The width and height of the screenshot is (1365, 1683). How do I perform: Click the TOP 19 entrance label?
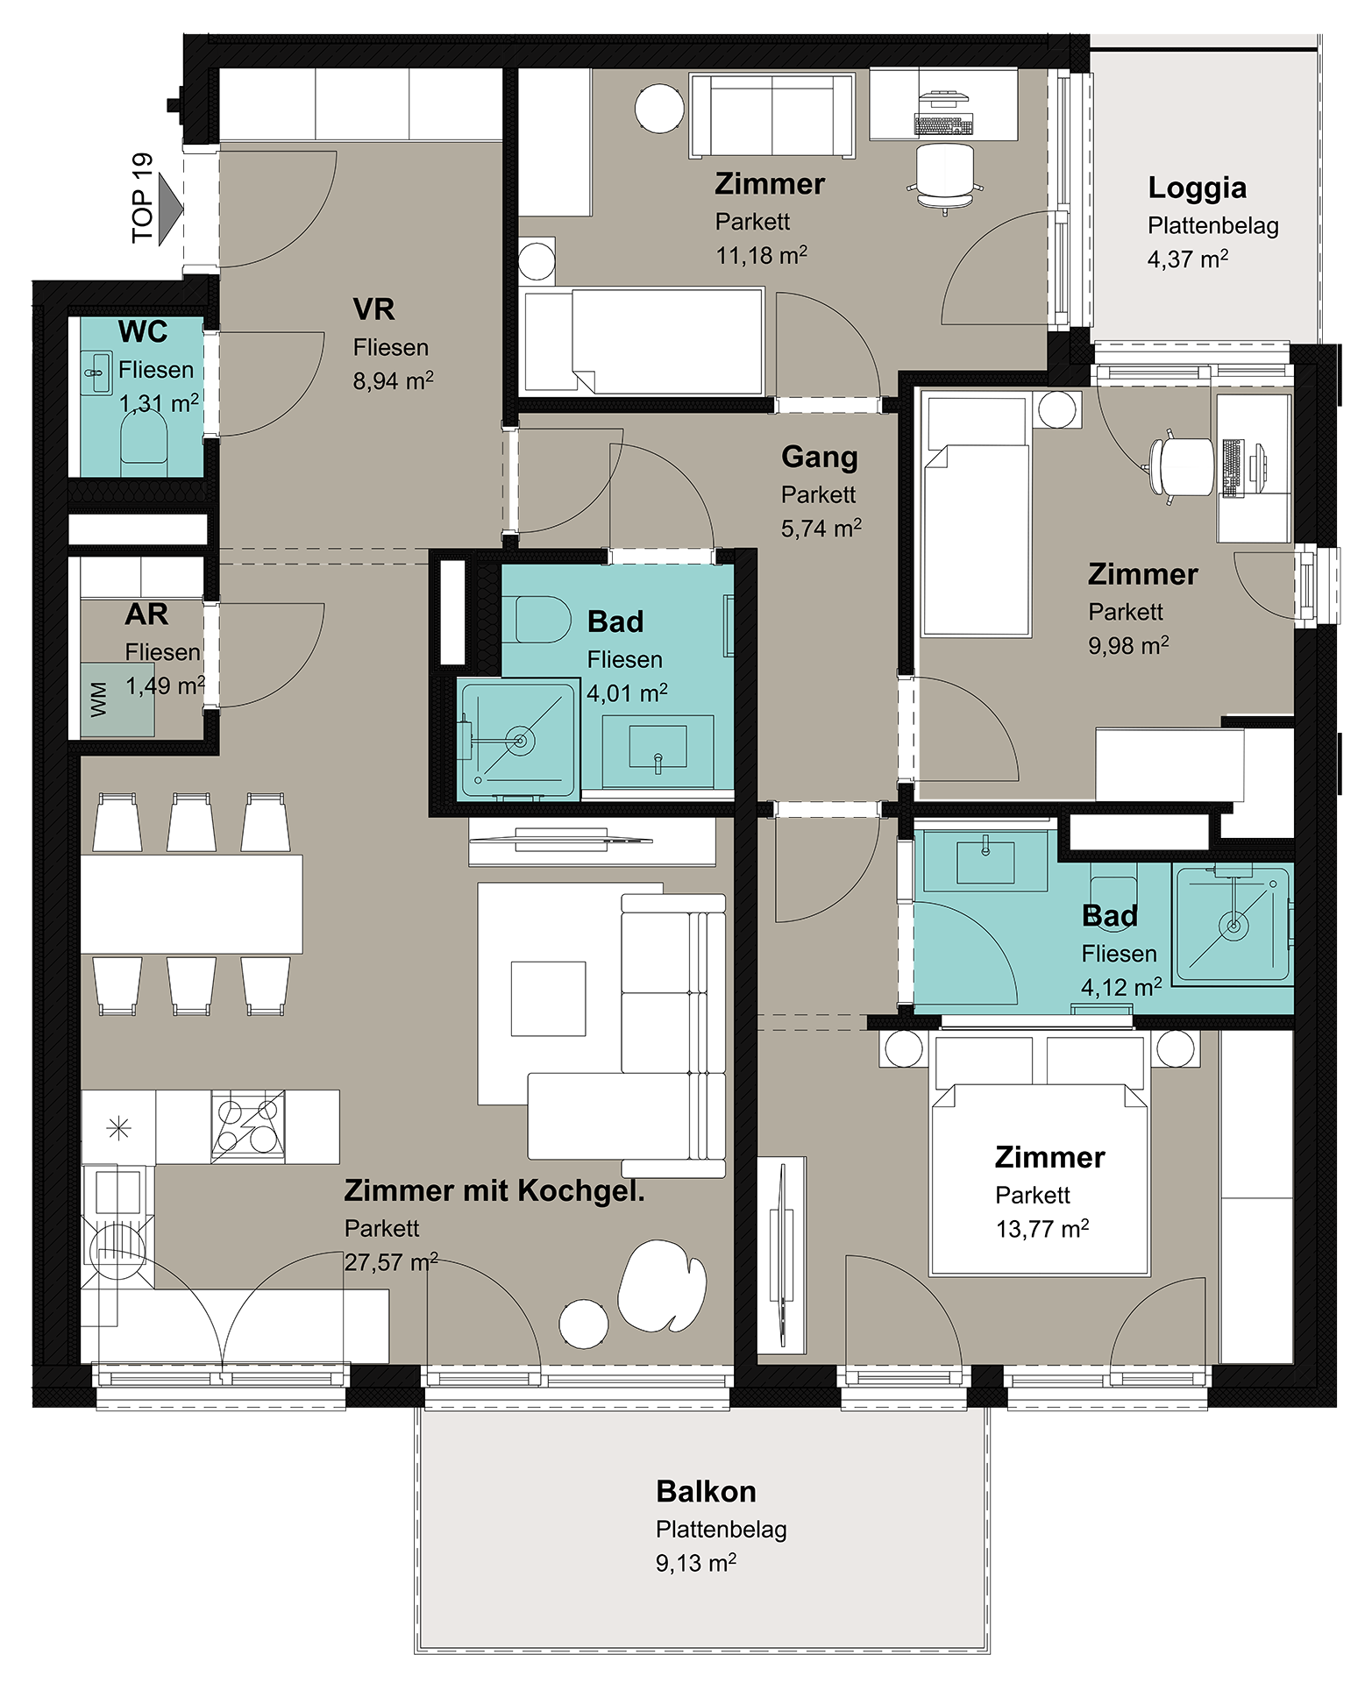pyautogui.click(x=142, y=198)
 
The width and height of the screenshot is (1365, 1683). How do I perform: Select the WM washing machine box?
pyautogui.click(x=117, y=699)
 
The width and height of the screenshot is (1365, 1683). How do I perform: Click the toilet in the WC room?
pyautogui.click(x=144, y=436)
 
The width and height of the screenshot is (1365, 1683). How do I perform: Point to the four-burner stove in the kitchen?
pyautogui.click(x=248, y=1126)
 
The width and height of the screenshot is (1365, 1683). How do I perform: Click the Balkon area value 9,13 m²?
pyautogui.click(x=696, y=1563)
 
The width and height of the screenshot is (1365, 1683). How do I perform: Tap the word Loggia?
pyautogui.click(x=1197, y=188)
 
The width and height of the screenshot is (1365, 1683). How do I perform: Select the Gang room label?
pyautogui.click(x=820, y=458)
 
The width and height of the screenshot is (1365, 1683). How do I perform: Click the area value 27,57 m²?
pyautogui.click(x=391, y=1262)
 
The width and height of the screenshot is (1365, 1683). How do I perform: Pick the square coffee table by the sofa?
pyautogui.click(x=548, y=998)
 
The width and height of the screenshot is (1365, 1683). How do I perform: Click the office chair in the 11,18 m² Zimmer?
pyautogui.click(x=944, y=177)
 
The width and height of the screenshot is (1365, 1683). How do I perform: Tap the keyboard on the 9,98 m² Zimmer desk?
pyautogui.click(x=1232, y=467)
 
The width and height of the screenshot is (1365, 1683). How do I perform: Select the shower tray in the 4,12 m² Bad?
pyautogui.click(x=1233, y=925)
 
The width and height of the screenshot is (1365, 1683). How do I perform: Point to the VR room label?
pyautogui.click(x=373, y=309)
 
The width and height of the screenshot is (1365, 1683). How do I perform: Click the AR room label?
pyautogui.click(x=146, y=614)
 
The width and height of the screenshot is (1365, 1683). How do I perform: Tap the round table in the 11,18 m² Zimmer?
pyautogui.click(x=659, y=109)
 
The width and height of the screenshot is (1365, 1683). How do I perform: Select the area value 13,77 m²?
pyautogui.click(x=1042, y=1229)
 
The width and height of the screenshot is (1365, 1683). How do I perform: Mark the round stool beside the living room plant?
pyautogui.click(x=584, y=1324)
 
